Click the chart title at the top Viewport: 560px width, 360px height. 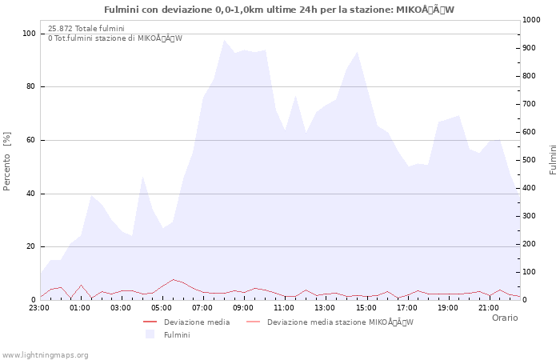click(x=279, y=10)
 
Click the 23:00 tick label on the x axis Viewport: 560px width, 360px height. click(x=39, y=307)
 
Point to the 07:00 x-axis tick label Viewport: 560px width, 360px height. click(x=202, y=307)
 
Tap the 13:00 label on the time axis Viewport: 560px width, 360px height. click(x=325, y=307)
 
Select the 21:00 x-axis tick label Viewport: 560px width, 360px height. click(x=488, y=307)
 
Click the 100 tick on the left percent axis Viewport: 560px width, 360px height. click(x=29, y=34)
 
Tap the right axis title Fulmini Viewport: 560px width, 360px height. click(x=553, y=159)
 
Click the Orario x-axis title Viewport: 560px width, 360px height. click(x=504, y=318)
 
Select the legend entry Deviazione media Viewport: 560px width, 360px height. click(x=196, y=322)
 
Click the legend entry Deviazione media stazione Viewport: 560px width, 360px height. click(x=340, y=322)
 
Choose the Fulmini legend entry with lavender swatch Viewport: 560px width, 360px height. click(x=177, y=334)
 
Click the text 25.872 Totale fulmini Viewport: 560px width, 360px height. click(x=86, y=29)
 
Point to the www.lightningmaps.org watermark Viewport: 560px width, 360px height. click(x=45, y=354)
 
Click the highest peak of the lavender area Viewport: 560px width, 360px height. click(x=224, y=40)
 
